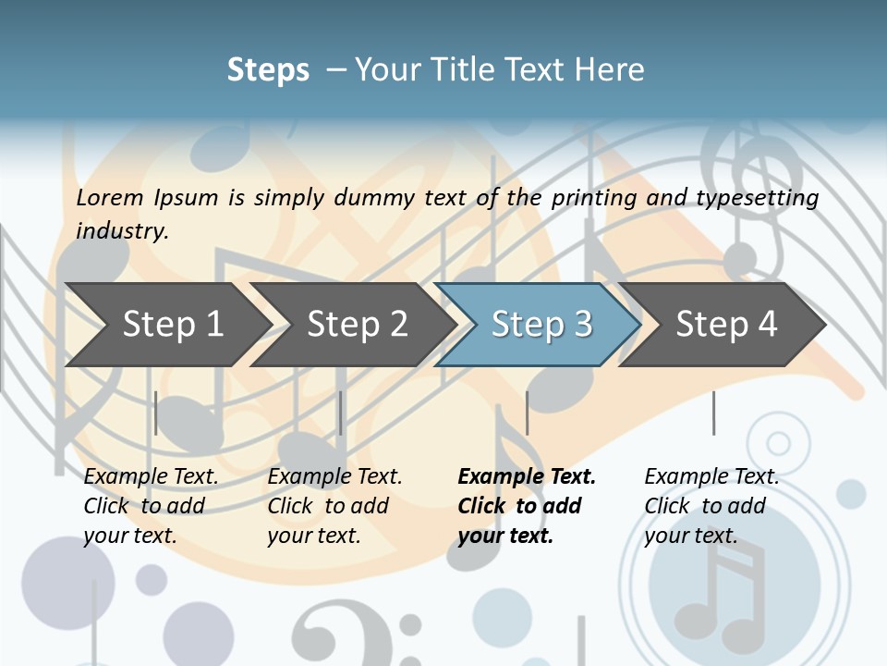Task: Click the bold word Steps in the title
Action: (268, 69)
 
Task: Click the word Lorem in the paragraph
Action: (110, 197)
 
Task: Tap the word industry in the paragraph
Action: (122, 230)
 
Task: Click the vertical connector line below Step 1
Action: (156, 413)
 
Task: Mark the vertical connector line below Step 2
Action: (341, 413)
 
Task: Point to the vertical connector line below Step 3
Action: (527, 413)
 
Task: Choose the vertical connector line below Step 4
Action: (713, 413)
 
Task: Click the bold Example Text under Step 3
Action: (527, 476)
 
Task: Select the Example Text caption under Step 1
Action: (151, 476)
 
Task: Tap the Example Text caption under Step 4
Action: (711, 476)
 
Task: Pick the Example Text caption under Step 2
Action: (334, 476)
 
